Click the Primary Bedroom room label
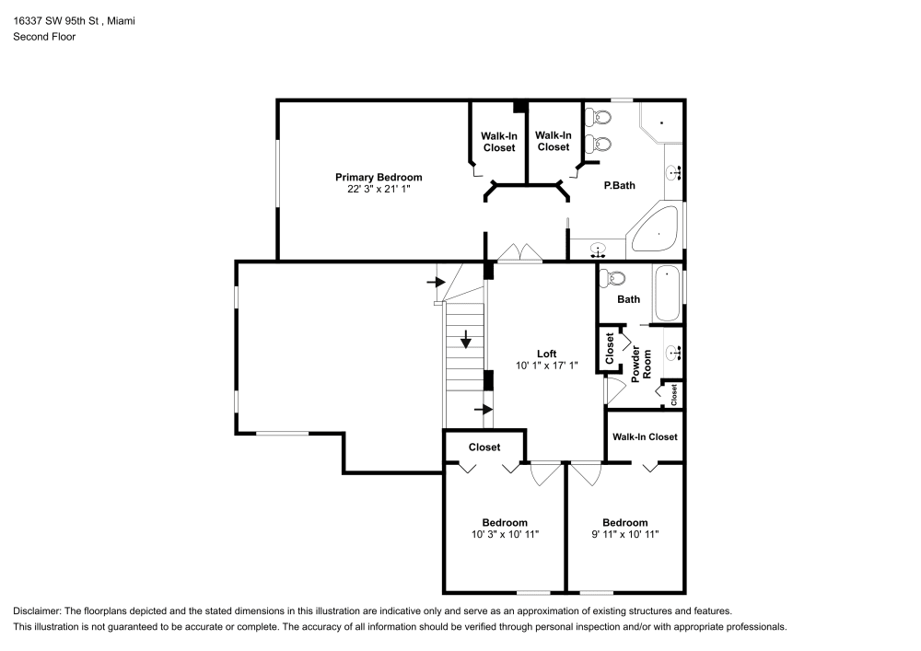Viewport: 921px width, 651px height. [379, 177]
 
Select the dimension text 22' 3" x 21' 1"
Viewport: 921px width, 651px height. [379, 189]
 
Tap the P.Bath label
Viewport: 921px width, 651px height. [619, 185]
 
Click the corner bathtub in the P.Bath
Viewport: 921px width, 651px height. [657, 232]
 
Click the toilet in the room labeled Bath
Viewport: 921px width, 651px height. [614, 277]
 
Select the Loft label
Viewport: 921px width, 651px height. [547, 354]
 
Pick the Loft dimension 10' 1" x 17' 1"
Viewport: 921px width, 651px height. [547, 366]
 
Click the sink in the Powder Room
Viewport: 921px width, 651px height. [673, 351]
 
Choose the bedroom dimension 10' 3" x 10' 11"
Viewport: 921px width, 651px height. [504, 534]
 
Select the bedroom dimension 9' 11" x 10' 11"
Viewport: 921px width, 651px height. [625, 534]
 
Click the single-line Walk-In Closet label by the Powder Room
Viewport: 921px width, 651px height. [645, 437]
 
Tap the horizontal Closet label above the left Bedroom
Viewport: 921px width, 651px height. [484, 448]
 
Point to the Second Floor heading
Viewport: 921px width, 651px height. [44, 37]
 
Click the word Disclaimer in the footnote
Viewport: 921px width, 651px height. [39, 610]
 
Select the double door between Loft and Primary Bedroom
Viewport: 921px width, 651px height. [518, 255]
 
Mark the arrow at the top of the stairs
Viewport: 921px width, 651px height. [436, 281]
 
